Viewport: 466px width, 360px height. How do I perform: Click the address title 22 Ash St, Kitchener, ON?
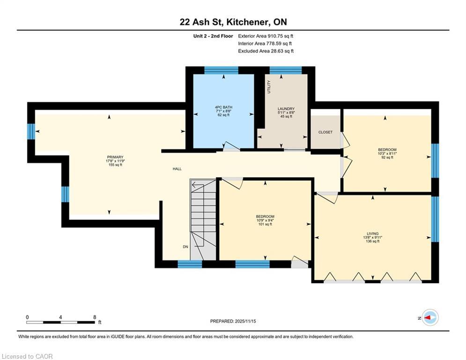pos(233,22)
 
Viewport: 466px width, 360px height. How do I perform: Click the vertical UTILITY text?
pos(269,87)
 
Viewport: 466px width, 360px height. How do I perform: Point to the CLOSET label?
pos(325,132)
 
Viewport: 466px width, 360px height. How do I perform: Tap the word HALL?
pos(177,169)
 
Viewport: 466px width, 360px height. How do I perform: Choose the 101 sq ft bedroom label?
pos(265,220)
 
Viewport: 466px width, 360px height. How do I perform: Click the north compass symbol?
pos(429,317)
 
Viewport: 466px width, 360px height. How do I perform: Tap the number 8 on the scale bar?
pos(95,317)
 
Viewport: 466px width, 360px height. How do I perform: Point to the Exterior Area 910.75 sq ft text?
pos(266,36)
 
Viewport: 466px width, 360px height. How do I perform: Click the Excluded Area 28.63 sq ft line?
pos(266,51)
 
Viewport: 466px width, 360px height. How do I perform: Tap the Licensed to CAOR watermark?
pos(27,356)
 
